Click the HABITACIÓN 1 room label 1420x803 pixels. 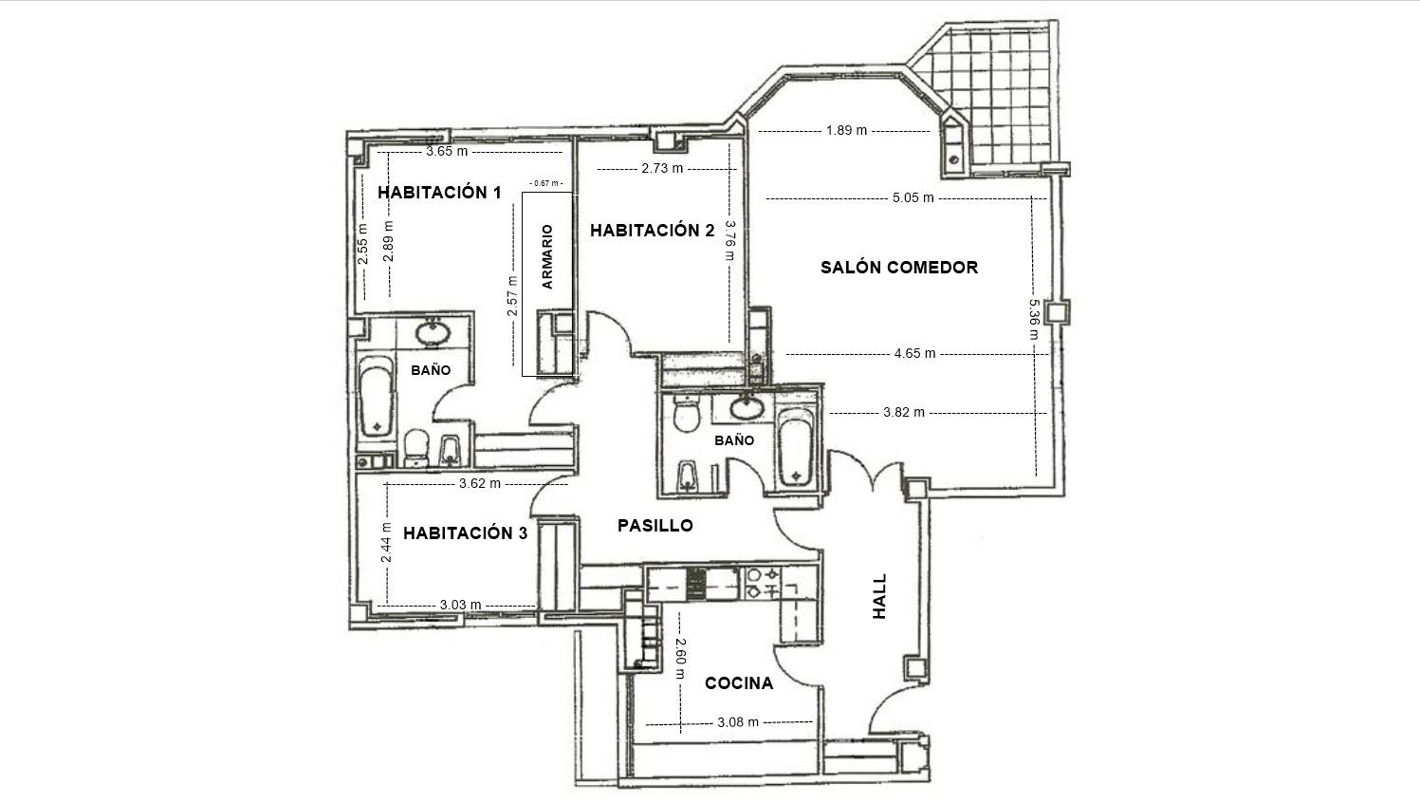[x=439, y=192]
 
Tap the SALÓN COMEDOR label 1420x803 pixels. [x=899, y=267]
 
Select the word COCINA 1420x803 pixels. [x=739, y=683]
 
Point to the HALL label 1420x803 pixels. [x=879, y=596]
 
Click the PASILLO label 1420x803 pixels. [x=655, y=525]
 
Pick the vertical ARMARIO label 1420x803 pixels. [x=547, y=257]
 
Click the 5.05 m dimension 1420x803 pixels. [x=913, y=197]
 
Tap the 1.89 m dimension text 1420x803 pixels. [x=846, y=131]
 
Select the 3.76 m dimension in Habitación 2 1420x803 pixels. [x=729, y=240]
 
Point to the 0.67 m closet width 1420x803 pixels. [x=546, y=183]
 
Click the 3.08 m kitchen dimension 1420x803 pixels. [x=738, y=721]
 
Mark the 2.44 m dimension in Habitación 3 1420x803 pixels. [x=386, y=542]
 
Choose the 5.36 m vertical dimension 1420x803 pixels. [x=1033, y=319]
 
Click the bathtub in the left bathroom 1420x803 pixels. [x=376, y=397]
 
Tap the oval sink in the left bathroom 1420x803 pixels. [x=433, y=332]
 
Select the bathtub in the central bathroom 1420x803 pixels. [x=795, y=447]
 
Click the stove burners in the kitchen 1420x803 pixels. [x=763, y=584]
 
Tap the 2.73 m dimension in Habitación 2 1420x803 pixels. [x=662, y=168]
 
